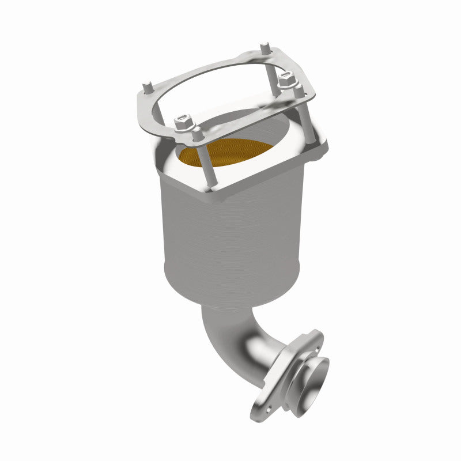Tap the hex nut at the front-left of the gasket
pyautogui.click(x=183, y=122)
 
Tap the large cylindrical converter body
pyautogui.click(x=231, y=242)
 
